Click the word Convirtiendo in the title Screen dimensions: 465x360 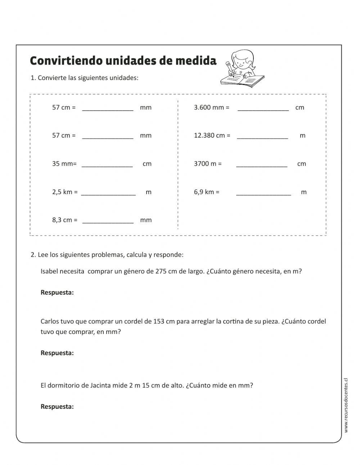[x=66, y=61]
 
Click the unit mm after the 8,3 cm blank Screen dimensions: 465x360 [x=146, y=220]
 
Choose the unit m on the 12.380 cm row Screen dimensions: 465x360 [x=302, y=136]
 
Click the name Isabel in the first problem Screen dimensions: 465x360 [x=49, y=272]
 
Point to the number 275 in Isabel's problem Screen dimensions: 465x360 [x=161, y=272]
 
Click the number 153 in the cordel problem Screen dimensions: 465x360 [x=159, y=321]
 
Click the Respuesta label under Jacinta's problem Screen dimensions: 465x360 [x=57, y=407]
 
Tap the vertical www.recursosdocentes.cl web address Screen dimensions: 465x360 [x=346, y=405]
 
